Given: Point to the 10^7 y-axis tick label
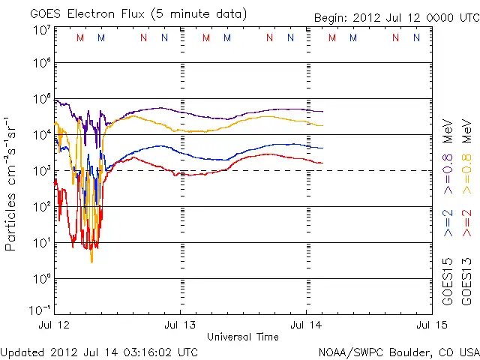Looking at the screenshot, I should click(42, 30).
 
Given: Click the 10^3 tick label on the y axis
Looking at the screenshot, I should click(42, 171).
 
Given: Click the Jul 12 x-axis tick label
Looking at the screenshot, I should click(54, 325).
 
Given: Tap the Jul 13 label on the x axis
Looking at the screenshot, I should click(180, 325).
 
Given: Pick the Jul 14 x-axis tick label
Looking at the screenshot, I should click(306, 325).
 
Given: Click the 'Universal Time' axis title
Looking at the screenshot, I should click(243, 337).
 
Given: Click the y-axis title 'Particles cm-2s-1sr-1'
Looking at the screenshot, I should click(11, 184).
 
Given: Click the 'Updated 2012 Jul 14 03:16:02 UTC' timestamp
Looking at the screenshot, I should click(100, 352).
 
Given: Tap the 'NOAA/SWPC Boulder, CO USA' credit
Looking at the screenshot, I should click(398, 352).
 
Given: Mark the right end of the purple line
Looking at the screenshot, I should click(322, 112).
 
